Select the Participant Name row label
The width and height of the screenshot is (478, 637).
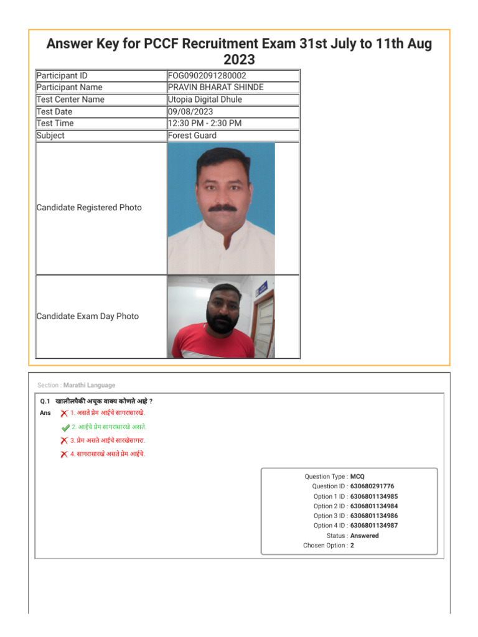click(69, 87)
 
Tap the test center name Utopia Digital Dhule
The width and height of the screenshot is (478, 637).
click(205, 100)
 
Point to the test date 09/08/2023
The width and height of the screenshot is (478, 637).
click(190, 111)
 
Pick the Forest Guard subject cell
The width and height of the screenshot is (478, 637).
click(192, 136)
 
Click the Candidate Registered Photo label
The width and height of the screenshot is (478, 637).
click(89, 208)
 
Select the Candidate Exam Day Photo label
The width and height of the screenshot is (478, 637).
click(88, 317)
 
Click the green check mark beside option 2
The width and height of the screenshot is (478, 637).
click(65, 427)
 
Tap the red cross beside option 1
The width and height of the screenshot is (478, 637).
click(64, 414)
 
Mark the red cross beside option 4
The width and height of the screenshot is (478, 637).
click(64, 455)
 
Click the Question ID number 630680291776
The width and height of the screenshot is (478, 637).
click(372, 486)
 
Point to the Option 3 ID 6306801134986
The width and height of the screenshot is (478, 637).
click(374, 516)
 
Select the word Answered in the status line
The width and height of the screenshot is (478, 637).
click(364, 536)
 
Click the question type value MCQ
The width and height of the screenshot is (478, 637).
click(358, 477)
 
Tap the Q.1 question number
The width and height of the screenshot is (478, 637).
click(45, 401)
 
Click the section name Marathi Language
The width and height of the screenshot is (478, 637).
click(89, 385)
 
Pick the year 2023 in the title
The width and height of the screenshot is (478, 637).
click(239, 60)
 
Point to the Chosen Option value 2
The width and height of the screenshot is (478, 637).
click(352, 546)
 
